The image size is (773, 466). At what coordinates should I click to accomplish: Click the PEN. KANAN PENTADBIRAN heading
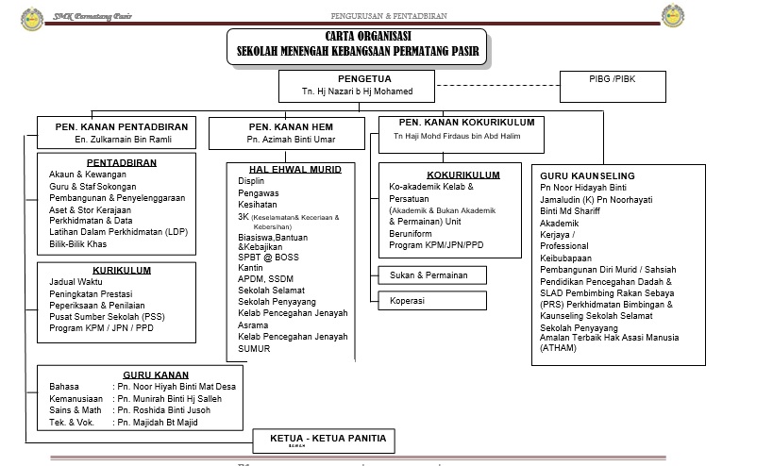[x=122, y=125]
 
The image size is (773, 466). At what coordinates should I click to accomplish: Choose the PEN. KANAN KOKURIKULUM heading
[x=466, y=123]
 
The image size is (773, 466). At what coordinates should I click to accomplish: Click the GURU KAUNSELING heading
[x=587, y=176]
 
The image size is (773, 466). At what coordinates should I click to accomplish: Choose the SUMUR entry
[x=254, y=348]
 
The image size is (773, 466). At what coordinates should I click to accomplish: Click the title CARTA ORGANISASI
[x=358, y=36]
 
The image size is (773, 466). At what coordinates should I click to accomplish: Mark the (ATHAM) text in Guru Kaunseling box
[x=560, y=348]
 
